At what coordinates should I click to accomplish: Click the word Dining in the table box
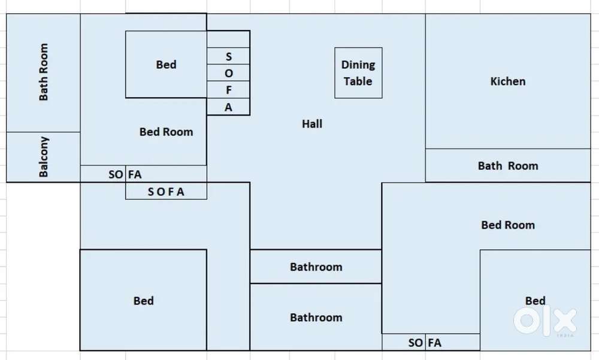[x=358, y=65]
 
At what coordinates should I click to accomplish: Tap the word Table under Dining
[x=358, y=81]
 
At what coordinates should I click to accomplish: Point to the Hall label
[x=312, y=124]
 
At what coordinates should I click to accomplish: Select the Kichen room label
[x=508, y=81]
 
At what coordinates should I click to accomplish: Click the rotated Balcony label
[x=44, y=157]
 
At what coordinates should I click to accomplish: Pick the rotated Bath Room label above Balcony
[x=44, y=72]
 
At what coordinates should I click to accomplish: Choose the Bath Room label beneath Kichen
[x=508, y=166]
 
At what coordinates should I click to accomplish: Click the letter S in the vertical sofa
[x=229, y=57]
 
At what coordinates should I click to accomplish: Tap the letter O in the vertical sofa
[x=229, y=74]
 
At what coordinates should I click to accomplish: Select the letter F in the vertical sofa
[x=229, y=91]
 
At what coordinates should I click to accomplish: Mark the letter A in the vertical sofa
[x=229, y=108]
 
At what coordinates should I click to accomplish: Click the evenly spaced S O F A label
[x=166, y=192]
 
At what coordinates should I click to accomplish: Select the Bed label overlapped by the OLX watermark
[x=536, y=301]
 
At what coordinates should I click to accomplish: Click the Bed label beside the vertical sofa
[x=166, y=65]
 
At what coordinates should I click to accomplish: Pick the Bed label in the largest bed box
[x=144, y=301]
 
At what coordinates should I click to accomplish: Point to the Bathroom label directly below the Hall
[x=316, y=267]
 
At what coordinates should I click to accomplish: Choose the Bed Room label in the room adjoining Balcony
[x=167, y=132]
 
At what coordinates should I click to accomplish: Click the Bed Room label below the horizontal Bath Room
[x=508, y=225]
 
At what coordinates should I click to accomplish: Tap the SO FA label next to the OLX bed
[x=425, y=343]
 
